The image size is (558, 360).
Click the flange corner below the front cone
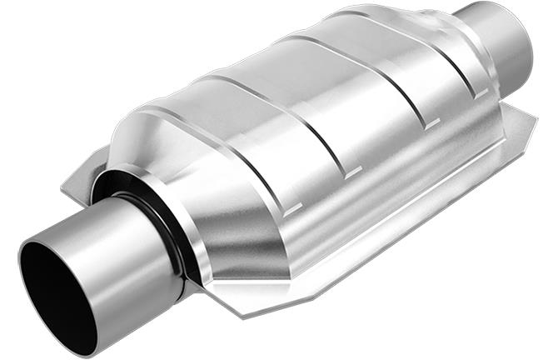242,308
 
